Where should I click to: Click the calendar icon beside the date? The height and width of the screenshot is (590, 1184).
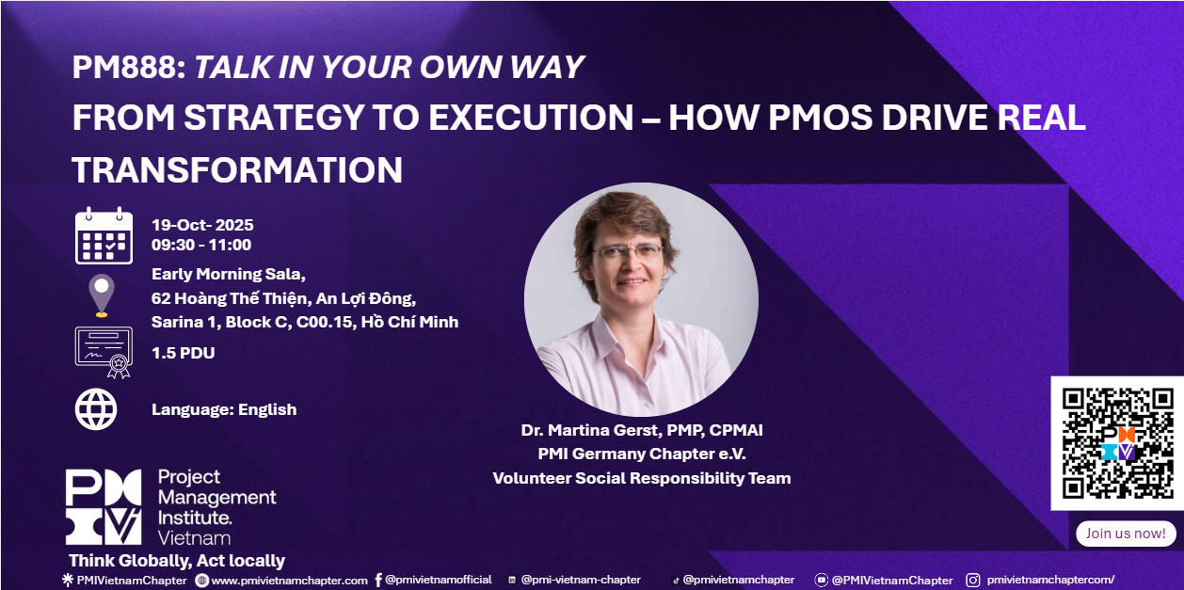pyautogui.click(x=104, y=236)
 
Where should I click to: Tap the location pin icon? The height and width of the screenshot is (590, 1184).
pyautogui.click(x=102, y=295)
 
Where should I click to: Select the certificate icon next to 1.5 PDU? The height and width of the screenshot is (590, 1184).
pyautogui.click(x=104, y=352)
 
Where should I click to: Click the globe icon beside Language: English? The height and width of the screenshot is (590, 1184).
pyautogui.click(x=96, y=409)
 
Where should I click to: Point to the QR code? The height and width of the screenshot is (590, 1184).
pyautogui.click(x=1117, y=443)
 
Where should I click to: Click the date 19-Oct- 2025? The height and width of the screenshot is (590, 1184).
pyautogui.click(x=202, y=225)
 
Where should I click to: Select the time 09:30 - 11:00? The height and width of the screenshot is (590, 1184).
pyautogui.click(x=201, y=245)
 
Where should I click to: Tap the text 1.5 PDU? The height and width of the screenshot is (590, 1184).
pyautogui.click(x=183, y=353)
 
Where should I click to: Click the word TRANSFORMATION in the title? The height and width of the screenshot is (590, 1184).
pyautogui.click(x=237, y=169)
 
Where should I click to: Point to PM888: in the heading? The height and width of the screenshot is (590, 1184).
pyautogui.click(x=129, y=67)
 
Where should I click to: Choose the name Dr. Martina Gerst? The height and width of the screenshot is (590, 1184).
pyautogui.click(x=591, y=430)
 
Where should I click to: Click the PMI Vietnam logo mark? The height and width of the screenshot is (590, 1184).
pyautogui.click(x=104, y=506)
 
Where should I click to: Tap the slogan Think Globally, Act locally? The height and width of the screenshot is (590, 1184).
pyautogui.click(x=177, y=561)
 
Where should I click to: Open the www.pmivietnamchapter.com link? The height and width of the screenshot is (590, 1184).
pyautogui.click(x=289, y=581)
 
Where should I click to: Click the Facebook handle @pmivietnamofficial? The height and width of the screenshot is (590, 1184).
pyautogui.click(x=439, y=580)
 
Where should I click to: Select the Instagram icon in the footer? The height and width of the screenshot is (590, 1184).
pyautogui.click(x=973, y=581)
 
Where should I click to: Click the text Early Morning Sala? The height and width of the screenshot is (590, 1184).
pyautogui.click(x=229, y=274)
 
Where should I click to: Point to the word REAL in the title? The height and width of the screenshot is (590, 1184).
pyautogui.click(x=1041, y=117)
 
